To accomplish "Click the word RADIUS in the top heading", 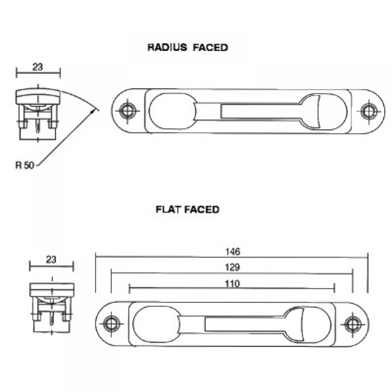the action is click(x=167, y=47).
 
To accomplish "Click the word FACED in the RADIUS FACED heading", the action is click(x=210, y=47).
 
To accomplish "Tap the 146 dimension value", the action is click(x=233, y=252).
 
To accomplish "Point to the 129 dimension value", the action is click(x=232, y=267).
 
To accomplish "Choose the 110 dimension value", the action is click(x=232, y=284).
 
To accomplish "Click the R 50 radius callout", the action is click(x=25, y=165).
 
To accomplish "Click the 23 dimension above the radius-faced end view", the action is click(x=38, y=67).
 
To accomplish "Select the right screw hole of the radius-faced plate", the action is click(x=369, y=111).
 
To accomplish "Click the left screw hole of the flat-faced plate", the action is click(x=111, y=324).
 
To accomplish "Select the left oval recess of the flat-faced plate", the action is click(x=156, y=324).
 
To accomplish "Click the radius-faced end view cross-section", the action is click(x=38, y=114).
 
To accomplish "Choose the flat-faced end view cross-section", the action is click(x=52, y=307).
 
